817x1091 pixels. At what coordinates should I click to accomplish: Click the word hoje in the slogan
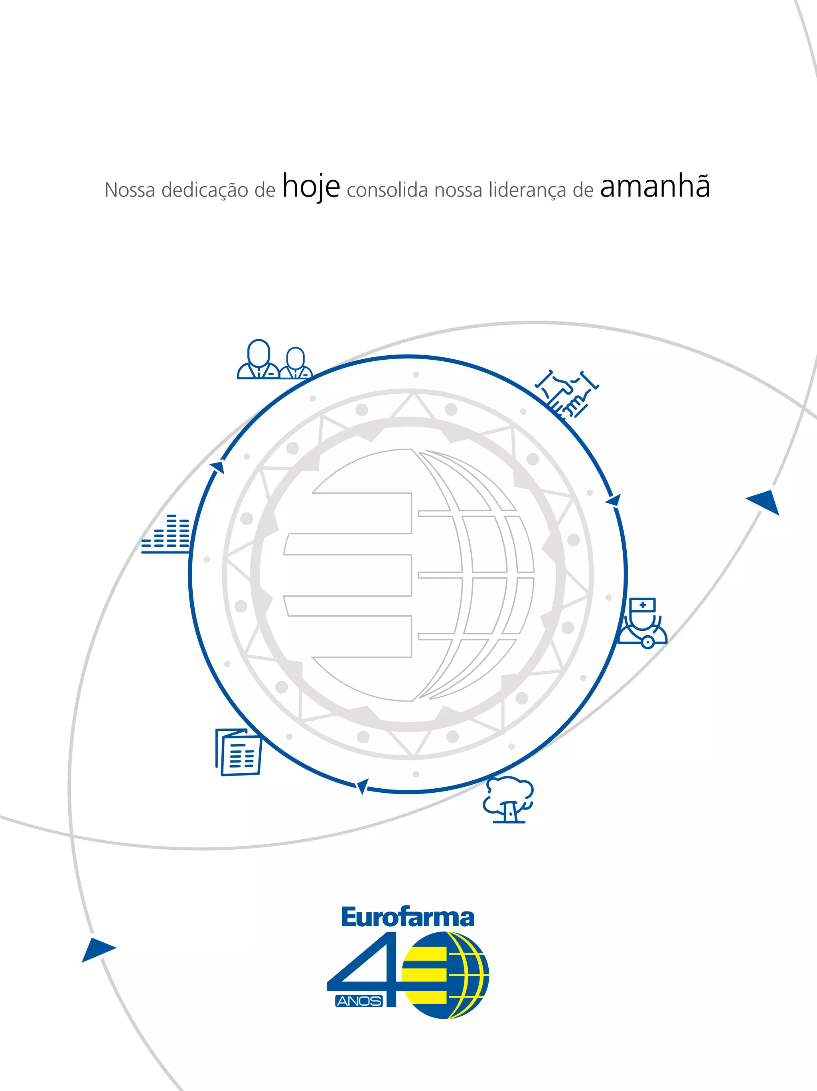[311, 187]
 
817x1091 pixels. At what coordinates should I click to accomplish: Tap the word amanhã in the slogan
[655, 187]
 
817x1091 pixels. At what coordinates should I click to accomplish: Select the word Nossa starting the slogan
[130, 190]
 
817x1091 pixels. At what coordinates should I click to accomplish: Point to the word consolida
[387, 190]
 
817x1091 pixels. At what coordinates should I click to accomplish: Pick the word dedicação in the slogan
[205, 190]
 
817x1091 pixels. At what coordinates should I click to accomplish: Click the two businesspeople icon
[274, 360]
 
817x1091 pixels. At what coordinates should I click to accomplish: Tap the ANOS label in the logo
[359, 1001]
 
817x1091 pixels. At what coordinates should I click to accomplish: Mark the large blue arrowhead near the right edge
[764, 502]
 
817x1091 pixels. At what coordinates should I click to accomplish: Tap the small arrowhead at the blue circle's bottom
[362, 786]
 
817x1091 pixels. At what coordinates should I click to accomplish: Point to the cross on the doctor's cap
[642, 604]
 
